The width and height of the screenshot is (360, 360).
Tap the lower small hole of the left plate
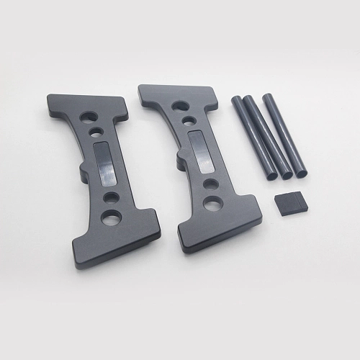click(110, 196)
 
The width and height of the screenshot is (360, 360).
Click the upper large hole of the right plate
click(180, 106)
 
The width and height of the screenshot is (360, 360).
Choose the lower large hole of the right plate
click(212, 203)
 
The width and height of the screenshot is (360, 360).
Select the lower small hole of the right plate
click(210, 184)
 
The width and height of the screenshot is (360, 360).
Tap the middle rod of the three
click(266, 137)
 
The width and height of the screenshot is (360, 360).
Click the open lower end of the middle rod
click(286, 174)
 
